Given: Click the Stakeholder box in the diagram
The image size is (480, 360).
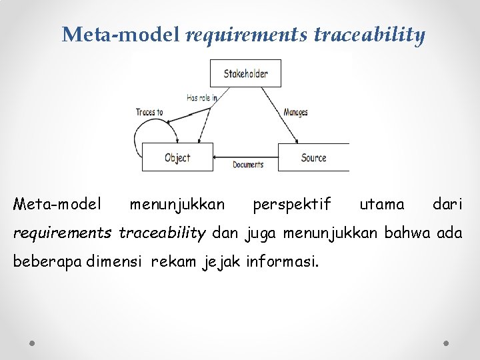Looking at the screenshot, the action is point(245,73).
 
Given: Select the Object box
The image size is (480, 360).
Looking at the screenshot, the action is point(177,157).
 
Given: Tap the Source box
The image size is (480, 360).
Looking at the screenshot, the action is point(313,157).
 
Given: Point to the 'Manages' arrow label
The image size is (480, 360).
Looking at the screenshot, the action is point(295,113).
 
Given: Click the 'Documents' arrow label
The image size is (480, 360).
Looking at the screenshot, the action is point(248,165).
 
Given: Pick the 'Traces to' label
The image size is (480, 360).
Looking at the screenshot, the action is point(149,112).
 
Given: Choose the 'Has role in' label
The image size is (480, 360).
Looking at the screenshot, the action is point(202,97).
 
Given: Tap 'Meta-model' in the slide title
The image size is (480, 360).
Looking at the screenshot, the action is point(121,35).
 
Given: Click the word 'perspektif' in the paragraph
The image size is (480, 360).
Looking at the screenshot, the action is point(291,203).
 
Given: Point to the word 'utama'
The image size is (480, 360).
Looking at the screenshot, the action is point(381,203).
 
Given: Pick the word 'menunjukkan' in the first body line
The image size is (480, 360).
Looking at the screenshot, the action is point(177,203).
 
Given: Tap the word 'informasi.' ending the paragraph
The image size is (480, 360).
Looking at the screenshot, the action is point(283,261).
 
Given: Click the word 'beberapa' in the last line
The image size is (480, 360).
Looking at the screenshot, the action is point(48,261).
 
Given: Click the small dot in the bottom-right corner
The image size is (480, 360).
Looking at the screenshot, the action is point(446,342).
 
